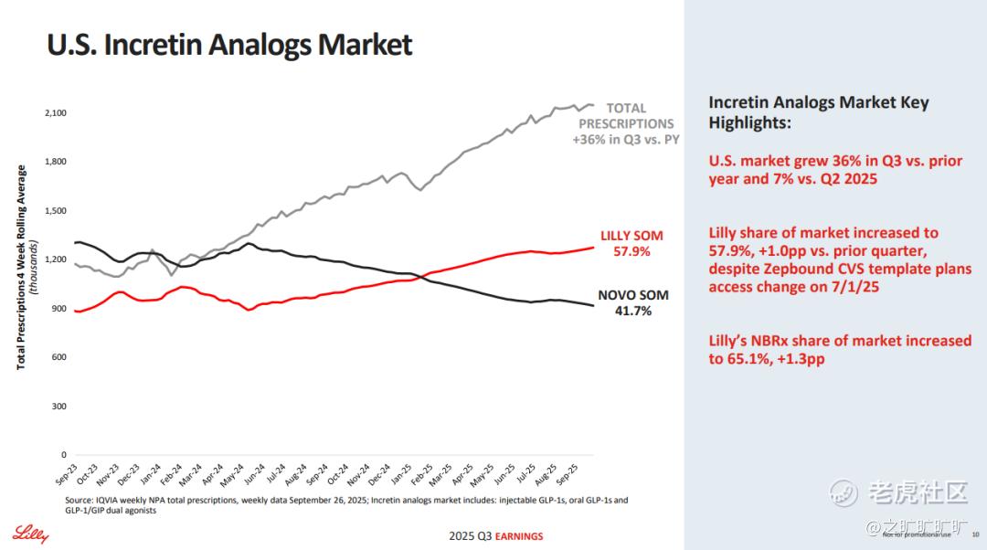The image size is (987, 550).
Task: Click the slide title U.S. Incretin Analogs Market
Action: pyautogui.click(x=229, y=45)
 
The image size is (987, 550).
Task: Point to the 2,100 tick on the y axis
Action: pyautogui.click(x=55, y=112)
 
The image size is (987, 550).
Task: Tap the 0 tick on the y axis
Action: pyautogui.click(x=64, y=455)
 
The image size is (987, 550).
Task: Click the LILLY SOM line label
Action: pyautogui.click(x=631, y=236)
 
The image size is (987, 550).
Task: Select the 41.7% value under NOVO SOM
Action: pyautogui.click(x=632, y=312)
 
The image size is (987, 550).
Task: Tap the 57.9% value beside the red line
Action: pyautogui.click(x=631, y=251)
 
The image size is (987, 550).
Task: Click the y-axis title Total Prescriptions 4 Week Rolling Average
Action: pyautogui.click(x=22, y=267)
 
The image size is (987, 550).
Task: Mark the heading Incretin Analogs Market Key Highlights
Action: pyautogui.click(x=818, y=112)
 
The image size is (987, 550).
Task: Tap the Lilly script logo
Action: pyautogui.click(x=30, y=533)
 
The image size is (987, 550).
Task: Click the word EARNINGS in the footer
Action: pyautogui.click(x=519, y=536)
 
